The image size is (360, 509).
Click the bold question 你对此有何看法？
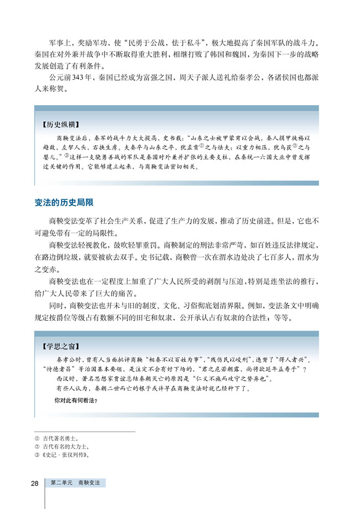pyautogui.click(x=76, y=400)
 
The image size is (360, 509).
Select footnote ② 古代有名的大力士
pyautogui.click(x=63, y=446)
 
